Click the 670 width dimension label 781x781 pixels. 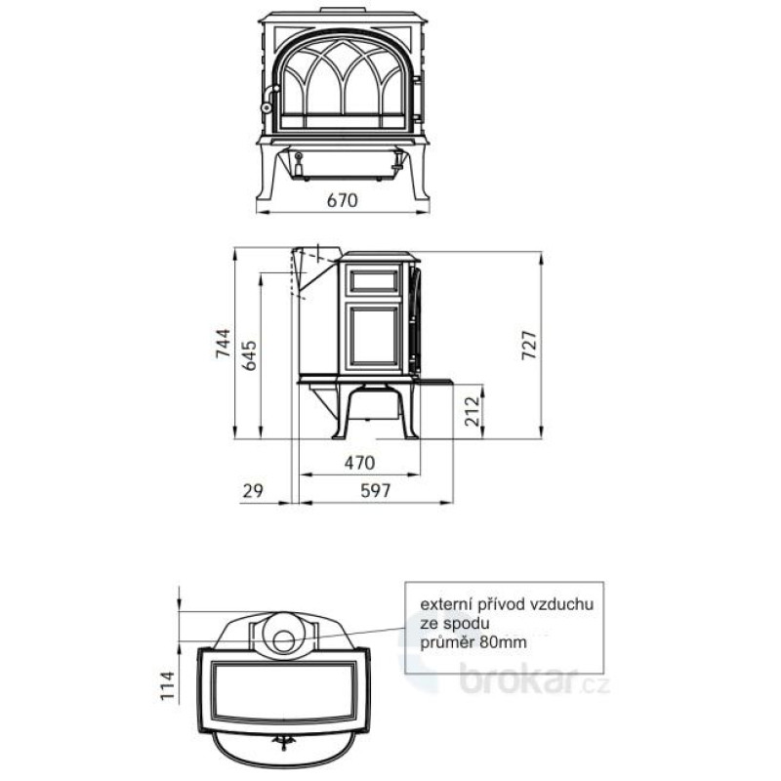tap(343, 200)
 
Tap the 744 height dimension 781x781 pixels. tap(223, 343)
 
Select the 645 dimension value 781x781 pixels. tap(249, 355)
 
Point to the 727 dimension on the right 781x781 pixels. tap(529, 345)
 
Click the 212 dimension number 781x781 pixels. tap(473, 411)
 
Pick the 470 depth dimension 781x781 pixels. tap(359, 463)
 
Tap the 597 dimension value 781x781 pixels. tap(376, 491)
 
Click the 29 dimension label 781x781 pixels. tap(253, 491)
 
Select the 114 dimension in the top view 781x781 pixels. tap(168, 685)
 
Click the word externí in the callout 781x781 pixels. tap(446, 604)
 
